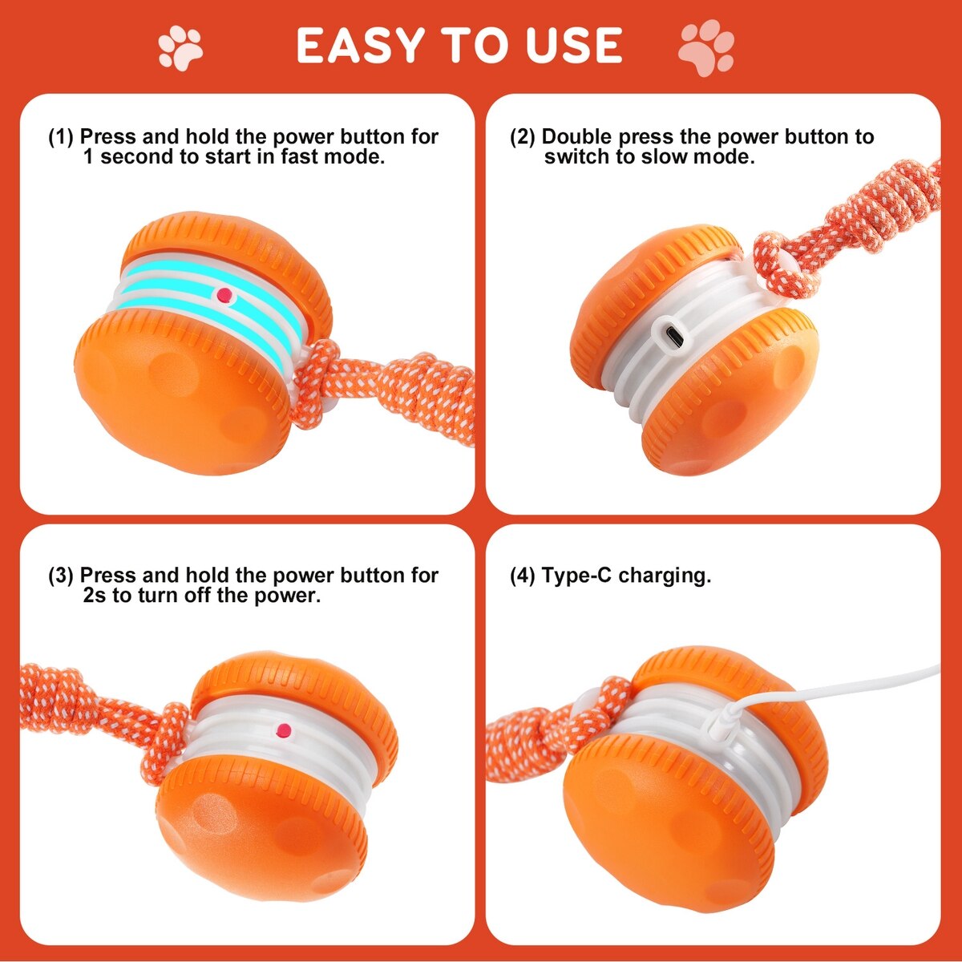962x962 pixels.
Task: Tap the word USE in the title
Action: coord(574,46)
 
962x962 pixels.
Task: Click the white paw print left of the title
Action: coord(180,48)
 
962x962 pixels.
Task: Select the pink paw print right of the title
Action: coord(706,47)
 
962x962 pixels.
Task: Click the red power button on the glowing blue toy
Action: coord(225,295)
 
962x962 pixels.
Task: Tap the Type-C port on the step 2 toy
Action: coord(668,338)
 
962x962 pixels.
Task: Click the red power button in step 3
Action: coord(283,730)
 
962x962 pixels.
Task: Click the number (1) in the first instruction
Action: coord(61,137)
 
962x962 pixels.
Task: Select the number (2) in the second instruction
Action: coord(523,137)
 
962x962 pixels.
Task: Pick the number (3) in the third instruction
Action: coord(61,576)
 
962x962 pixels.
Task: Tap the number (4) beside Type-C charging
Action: coord(523,576)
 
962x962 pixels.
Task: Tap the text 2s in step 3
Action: coord(95,596)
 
